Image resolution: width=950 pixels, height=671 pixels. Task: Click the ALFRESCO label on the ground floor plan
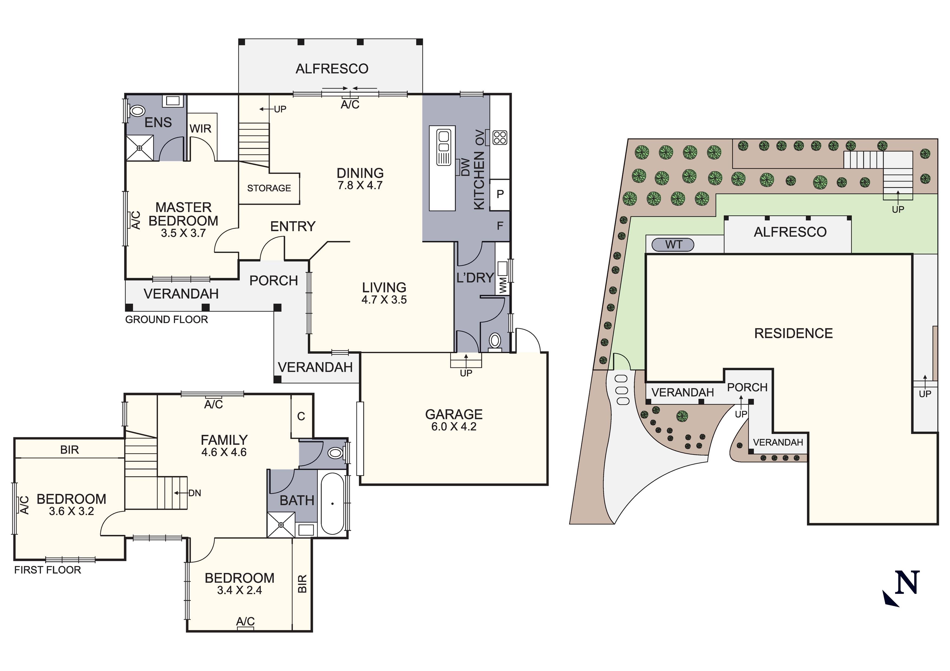[x=332, y=69]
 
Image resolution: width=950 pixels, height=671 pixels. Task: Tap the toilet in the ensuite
[x=137, y=111]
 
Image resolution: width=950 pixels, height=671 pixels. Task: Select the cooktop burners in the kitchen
[x=500, y=137]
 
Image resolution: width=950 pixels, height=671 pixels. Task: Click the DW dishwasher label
[x=465, y=167]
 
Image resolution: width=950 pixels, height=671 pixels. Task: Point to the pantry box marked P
[x=500, y=194]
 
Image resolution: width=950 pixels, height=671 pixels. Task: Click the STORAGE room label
[x=269, y=188]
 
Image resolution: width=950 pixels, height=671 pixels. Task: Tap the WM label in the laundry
[x=503, y=285]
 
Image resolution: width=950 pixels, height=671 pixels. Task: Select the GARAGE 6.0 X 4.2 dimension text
[x=454, y=426]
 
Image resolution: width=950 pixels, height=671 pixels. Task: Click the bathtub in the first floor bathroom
[x=332, y=503]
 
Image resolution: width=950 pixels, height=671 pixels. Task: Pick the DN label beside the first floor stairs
[x=194, y=493]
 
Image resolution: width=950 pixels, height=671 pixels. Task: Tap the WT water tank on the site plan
[x=673, y=245]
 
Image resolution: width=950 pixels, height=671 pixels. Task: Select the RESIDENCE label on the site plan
[x=793, y=333]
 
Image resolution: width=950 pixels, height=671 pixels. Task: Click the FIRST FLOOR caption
[x=48, y=570]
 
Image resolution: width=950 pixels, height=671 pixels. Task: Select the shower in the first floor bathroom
[x=281, y=525]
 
